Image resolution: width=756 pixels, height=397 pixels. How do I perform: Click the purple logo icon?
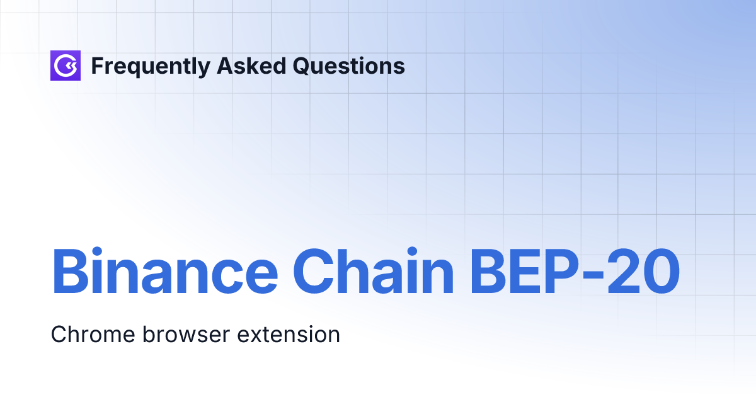(x=66, y=66)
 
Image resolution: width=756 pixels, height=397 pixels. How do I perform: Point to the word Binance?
(x=164, y=273)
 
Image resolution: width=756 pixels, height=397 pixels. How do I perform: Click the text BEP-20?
(x=575, y=273)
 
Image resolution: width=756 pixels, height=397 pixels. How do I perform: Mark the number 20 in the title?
(x=644, y=273)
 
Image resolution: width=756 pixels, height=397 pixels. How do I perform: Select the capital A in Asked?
(x=224, y=66)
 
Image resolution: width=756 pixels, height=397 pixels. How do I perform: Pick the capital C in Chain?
(x=312, y=273)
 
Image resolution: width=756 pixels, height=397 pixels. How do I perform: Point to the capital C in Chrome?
(x=58, y=334)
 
